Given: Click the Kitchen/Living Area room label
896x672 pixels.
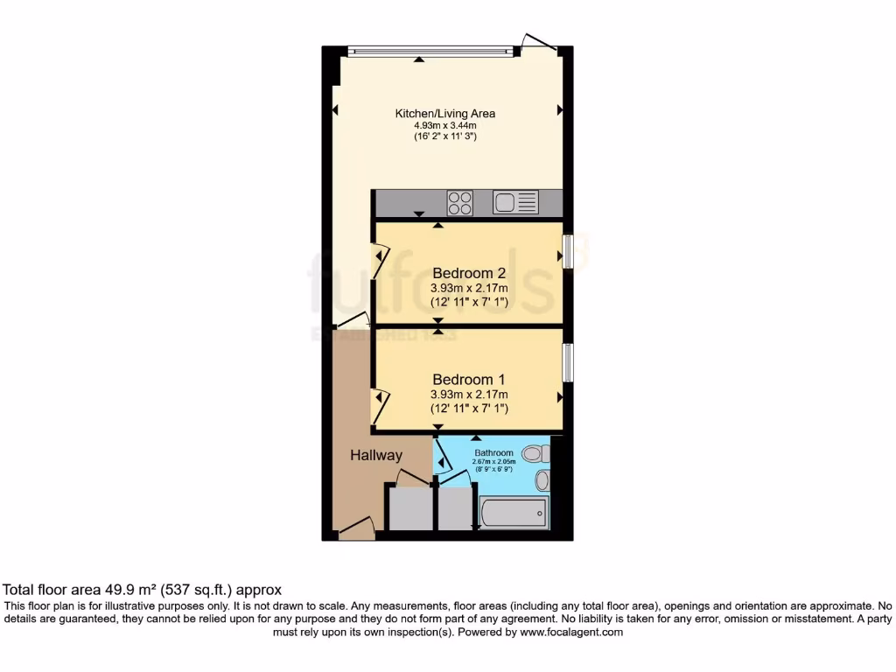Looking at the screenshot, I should (x=445, y=114).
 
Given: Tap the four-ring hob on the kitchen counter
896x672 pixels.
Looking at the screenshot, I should (x=460, y=203).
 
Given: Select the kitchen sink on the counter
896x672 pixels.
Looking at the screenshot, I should (x=514, y=203).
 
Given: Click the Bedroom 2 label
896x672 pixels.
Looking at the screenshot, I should (x=468, y=273).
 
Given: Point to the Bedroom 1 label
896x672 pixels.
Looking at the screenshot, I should (x=468, y=380).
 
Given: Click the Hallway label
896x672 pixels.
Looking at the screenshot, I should (x=376, y=455).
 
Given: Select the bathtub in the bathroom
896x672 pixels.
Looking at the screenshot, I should (x=514, y=513).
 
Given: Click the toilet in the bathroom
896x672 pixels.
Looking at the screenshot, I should (x=535, y=453).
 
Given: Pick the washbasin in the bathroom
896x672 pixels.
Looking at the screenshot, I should (x=542, y=479).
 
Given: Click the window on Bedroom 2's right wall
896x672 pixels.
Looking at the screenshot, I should (x=567, y=252).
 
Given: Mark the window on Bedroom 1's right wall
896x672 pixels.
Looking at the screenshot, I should (x=567, y=362).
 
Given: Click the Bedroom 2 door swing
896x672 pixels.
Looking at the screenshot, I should (x=381, y=261).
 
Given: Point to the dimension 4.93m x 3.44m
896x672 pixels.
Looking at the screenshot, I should (x=445, y=126).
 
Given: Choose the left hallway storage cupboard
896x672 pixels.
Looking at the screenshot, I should (x=410, y=507).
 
